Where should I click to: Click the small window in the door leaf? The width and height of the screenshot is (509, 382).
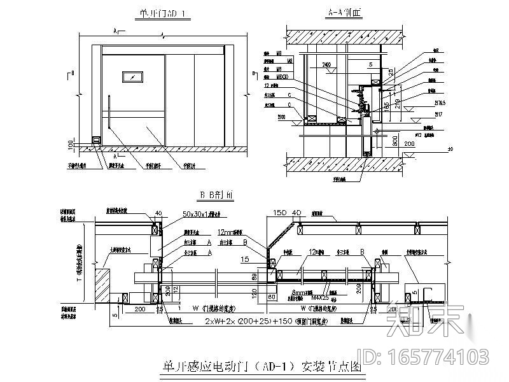tap(134, 77)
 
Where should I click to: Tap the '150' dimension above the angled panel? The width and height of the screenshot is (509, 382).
tap(279, 213)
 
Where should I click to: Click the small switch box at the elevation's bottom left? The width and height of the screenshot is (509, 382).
tap(95, 140)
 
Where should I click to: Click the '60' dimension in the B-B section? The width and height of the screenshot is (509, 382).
tap(272, 296)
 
